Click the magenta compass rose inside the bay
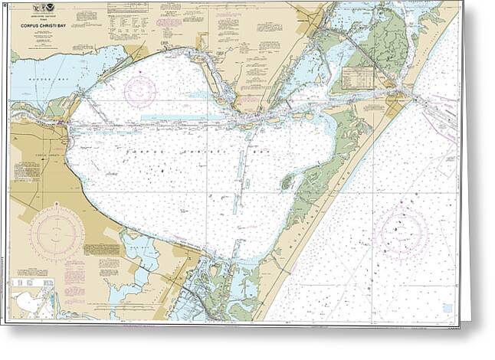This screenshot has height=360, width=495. tap(140, 90)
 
